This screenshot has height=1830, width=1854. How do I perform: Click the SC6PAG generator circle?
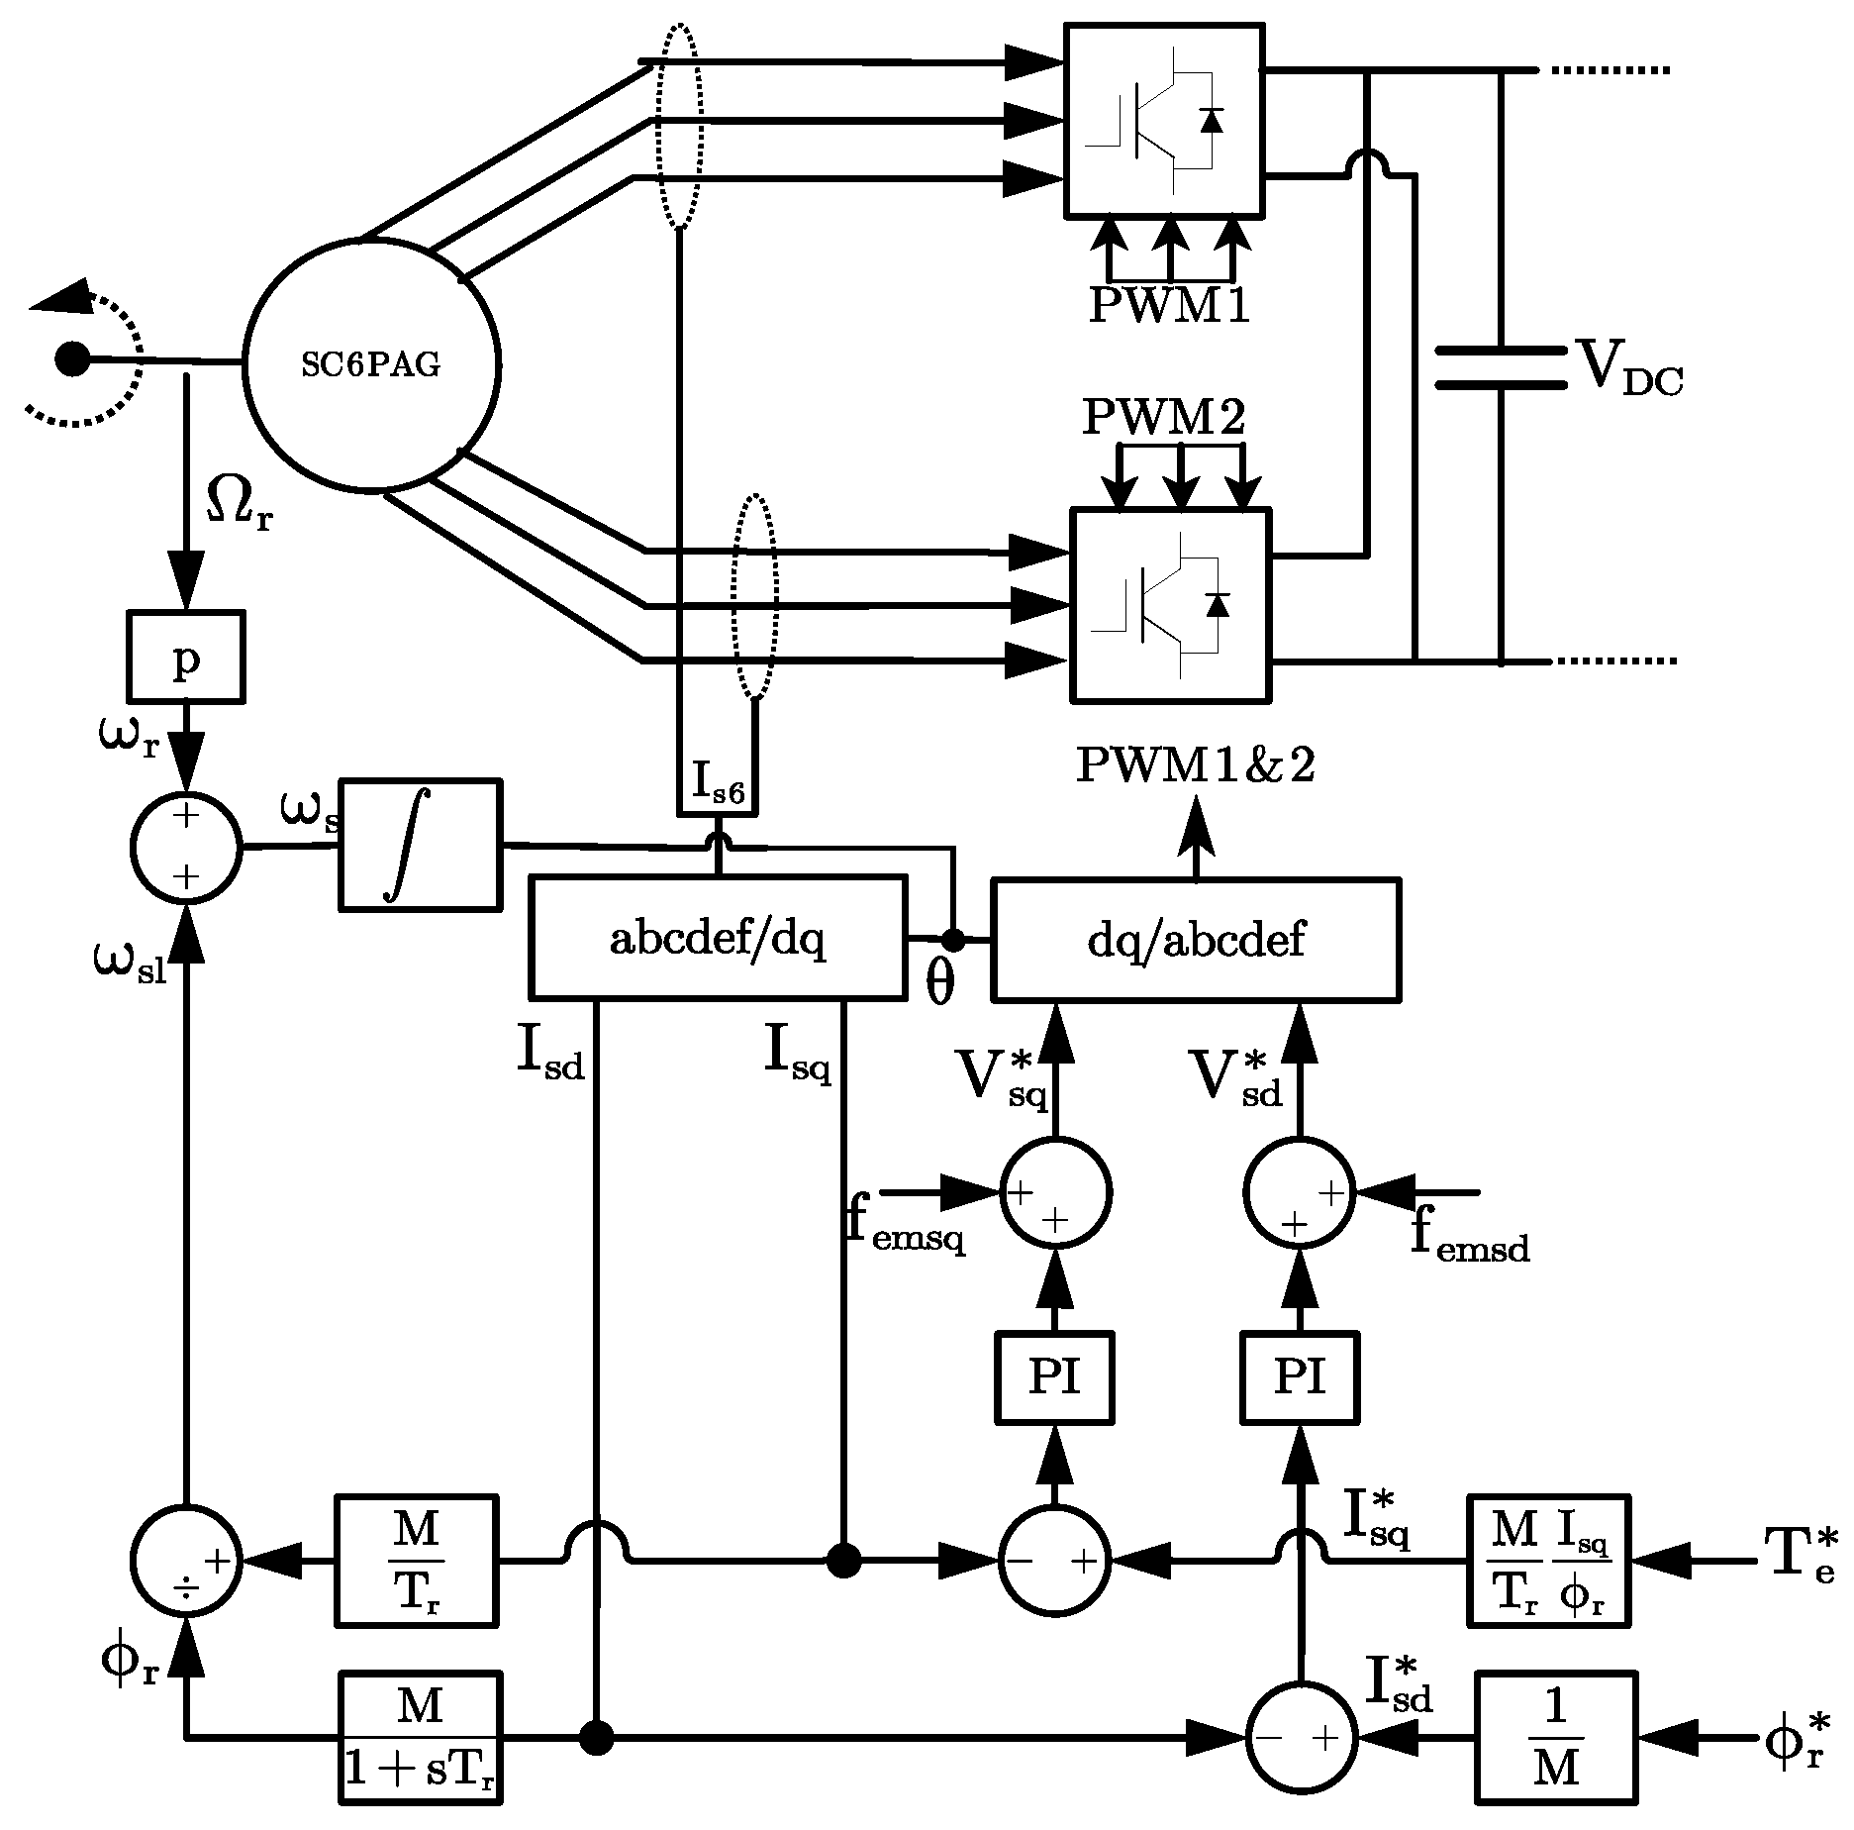click(x=371, y=364)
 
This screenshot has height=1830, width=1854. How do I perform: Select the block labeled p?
click(x=186, y=657)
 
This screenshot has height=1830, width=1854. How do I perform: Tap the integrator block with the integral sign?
click(x=420, y=845)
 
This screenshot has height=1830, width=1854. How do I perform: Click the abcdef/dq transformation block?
click(x=718, y=937)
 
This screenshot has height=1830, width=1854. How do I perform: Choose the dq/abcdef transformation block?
click(x=1195, y=939)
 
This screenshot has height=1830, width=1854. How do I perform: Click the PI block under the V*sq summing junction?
click(x=1053, y=1377)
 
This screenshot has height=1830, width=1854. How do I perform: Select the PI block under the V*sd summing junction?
click(x=1300, y=1377)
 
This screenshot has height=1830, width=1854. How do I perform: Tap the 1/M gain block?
click(x=1555, y=1736)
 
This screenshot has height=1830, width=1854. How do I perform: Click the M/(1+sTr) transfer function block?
click(x=420, y=1736)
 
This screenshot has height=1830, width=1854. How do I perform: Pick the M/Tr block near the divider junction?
click(x=417, y=1561)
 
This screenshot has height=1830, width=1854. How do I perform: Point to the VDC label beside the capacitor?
click(x=1626, y=368)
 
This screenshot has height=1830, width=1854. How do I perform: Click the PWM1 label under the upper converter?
click(x=1169, y=306)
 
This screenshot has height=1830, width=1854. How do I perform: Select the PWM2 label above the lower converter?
click(x=1164, y=418)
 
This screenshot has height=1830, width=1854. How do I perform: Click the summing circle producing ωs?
click(x=186, y=848)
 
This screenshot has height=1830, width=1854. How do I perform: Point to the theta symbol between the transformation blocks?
click(x=939, y=983)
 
